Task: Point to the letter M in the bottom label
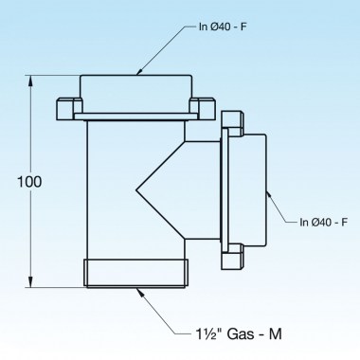(277, 333)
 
